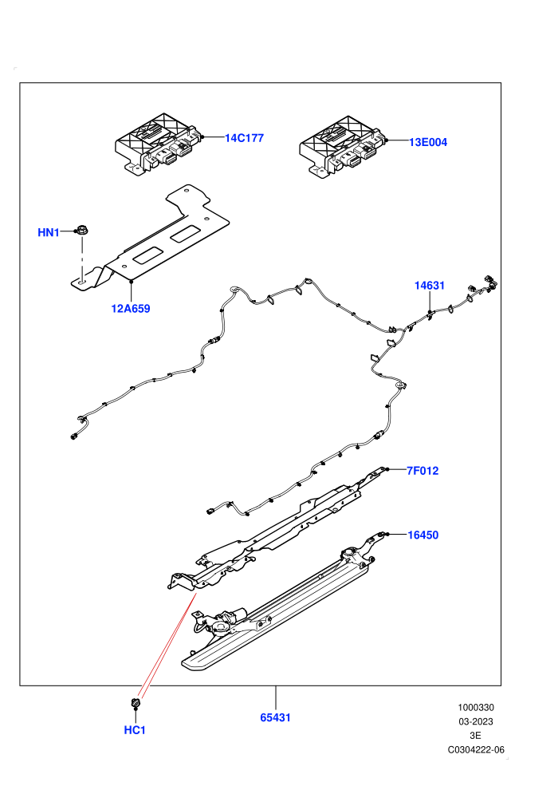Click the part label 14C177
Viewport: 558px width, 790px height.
coord(244,138)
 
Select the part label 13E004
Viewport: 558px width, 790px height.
coord(428,142)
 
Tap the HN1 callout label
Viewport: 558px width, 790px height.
coord(49,232)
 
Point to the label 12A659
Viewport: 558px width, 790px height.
coord(131,308)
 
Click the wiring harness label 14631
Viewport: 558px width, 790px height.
coord(430,286)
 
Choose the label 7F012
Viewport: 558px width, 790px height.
coord(422,471)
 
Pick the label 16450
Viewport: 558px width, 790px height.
coord(423,535)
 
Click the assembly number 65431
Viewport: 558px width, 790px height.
coord(276,717)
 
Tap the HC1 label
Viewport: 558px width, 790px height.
coord(135,730)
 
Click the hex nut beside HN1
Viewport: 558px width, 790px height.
coord(81,231)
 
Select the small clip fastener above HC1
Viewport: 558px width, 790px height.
coord(135,702)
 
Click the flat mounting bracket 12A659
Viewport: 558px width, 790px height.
coord(151,242)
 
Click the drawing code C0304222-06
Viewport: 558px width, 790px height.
coord(476,749)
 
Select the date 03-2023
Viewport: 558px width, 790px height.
coord(476,721)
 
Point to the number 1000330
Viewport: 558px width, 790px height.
coord(476,707)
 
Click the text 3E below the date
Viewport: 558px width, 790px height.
coord(475,736)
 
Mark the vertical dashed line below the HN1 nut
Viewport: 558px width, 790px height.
coord(81,259)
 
